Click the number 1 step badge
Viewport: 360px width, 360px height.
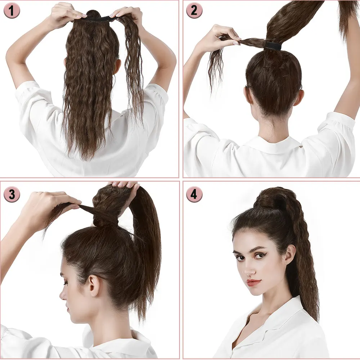pos(12,11)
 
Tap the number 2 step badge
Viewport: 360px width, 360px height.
pos(194,10)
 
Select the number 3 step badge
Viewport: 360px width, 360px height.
pos(12,195)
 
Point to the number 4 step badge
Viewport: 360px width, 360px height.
pos(194,195)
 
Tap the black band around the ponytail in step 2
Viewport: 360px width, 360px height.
pos(274,45)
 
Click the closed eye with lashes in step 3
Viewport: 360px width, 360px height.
pos(66,283)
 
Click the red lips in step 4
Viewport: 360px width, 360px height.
pos(253,283)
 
